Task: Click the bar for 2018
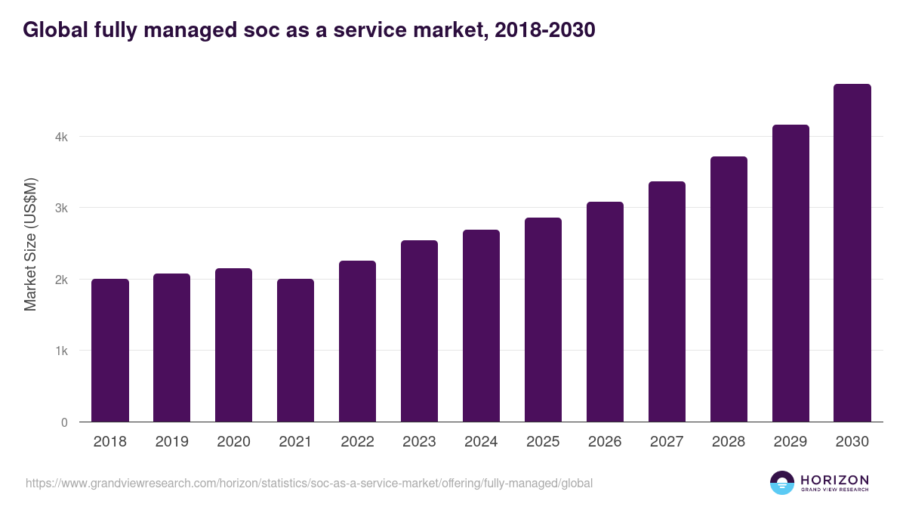[110, 351]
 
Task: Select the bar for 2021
[295, 351]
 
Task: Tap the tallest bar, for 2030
[852, 253]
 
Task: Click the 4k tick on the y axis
[61, 137]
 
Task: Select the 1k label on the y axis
[61, 351]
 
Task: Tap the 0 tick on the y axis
[64, 422]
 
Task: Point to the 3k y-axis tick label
[61, 208]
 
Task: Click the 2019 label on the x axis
[172, 442]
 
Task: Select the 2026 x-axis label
[605, 442]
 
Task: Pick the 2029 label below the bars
[790, 442]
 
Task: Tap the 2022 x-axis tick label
[357, 442]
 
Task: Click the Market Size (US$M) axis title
[30, 244]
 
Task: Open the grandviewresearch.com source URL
[309, 483]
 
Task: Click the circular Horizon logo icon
[782, 483]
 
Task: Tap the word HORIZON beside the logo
[834, 479]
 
